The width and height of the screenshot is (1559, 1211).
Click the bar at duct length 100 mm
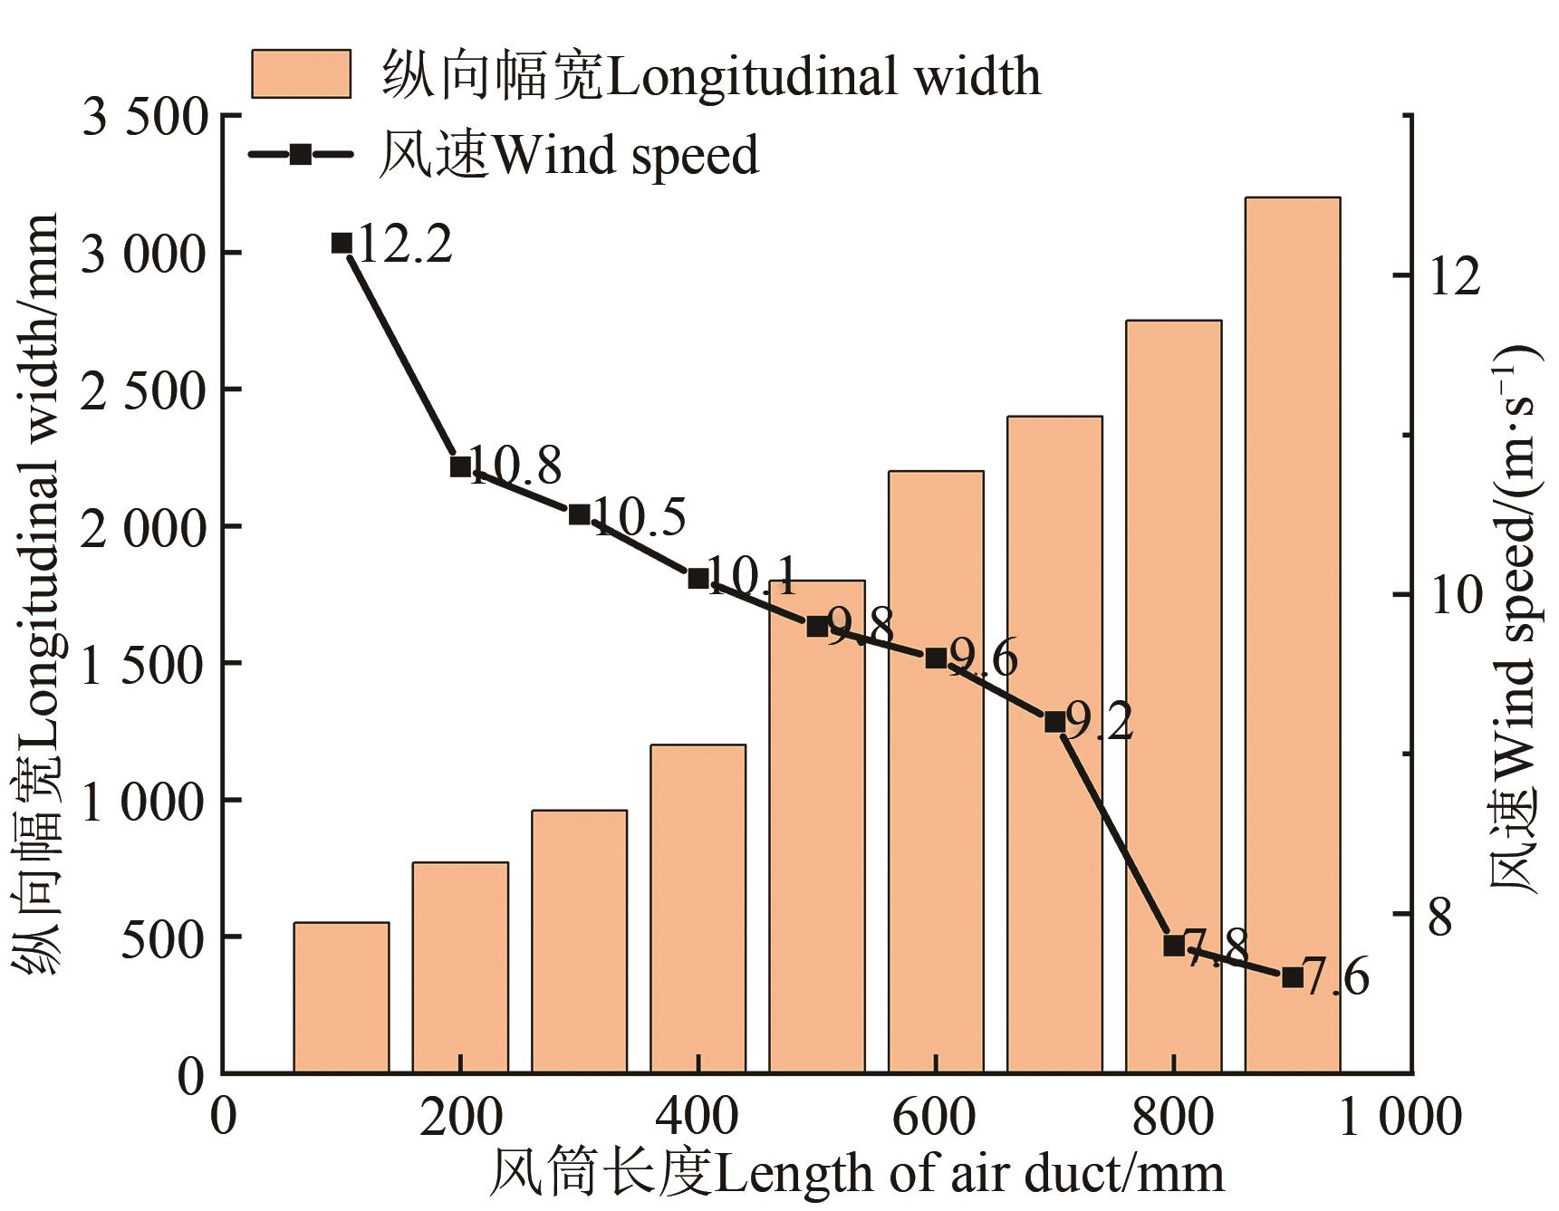[341, 997]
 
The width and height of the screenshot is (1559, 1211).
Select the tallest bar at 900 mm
[1292, 634]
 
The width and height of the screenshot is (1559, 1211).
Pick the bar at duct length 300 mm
[579, 941]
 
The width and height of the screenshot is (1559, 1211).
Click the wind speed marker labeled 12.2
[342, 243]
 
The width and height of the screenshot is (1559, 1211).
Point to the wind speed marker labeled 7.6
[1292, 977]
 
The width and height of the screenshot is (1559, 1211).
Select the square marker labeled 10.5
[579, 514]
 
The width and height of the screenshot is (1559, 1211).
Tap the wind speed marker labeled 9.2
[1054, 722]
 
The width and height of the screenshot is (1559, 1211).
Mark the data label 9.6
[982, 657]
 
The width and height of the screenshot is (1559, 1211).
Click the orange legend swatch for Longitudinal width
[301, 73]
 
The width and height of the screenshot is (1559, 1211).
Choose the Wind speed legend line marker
[301, 154]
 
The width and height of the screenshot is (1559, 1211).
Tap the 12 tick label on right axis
[1454, 275]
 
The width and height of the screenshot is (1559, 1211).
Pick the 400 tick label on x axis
[698, 1117]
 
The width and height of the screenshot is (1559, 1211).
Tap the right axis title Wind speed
[1514, 616]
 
